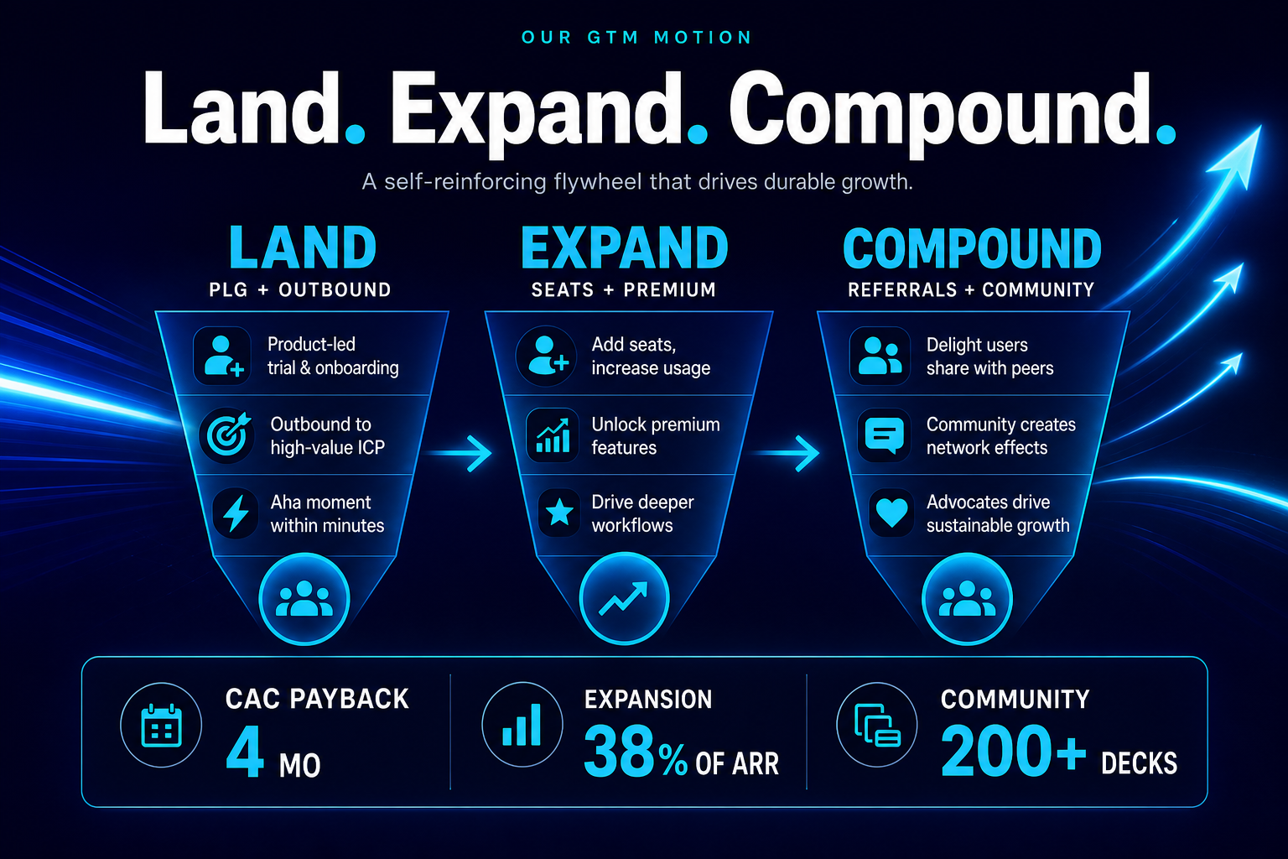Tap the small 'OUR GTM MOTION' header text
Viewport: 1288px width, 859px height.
click(x=636, y=38)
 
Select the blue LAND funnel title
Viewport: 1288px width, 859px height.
click(x=303, y=247)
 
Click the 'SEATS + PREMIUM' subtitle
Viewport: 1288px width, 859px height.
click(x=624, y=289)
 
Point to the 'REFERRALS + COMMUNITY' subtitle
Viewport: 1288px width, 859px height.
click(x=971, y=289)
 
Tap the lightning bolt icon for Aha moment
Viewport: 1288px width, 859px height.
click(x=236, y=513)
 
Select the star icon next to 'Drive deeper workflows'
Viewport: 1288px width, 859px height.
click(x=559, y=512)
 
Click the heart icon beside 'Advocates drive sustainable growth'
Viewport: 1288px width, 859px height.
click(x=891, y=512)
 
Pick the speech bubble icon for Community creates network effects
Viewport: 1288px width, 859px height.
click(x=885, y=435)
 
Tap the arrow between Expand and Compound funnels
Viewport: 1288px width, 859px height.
click(x=787, y=453)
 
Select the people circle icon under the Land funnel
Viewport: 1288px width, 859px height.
click(x=304, y=599)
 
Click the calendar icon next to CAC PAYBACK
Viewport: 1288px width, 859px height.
click(x=161, y=725)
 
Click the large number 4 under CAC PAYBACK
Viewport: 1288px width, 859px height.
click(x=245, y=751)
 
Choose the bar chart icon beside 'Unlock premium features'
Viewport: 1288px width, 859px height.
click(x=553, y=435)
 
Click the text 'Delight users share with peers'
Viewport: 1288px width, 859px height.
click(x=989, y=357)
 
